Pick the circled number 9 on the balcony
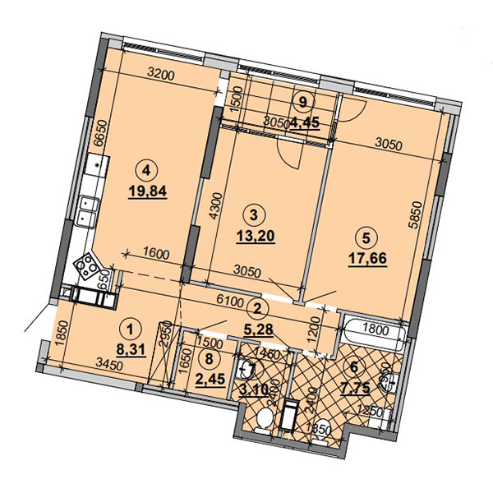click(304, 103)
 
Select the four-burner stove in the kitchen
click(89, 265)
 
